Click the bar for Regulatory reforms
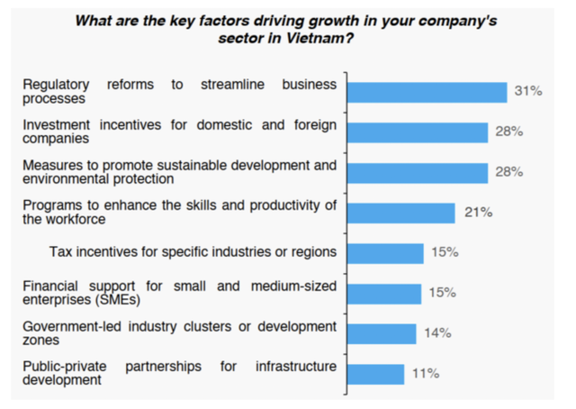(427, 92)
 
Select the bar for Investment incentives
(417, 132)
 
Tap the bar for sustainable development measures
(417, 172)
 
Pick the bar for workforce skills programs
(400, 213)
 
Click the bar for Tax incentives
(384, 253)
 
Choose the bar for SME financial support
(383, 294)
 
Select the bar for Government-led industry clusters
(381, 333)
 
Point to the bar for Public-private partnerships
(375, 374)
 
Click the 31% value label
(527, 91)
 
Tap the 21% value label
(478, 213)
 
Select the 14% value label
(437, 333)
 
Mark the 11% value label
(426, 373)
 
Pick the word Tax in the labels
(61, 253)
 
